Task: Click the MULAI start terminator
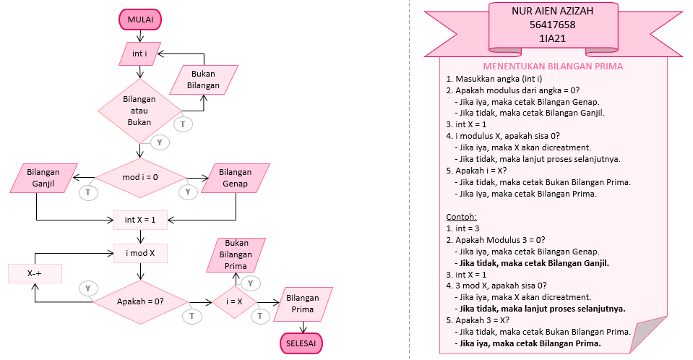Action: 140,20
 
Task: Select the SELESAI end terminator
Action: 301,342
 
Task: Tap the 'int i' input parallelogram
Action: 140,54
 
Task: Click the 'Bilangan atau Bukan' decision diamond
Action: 139,111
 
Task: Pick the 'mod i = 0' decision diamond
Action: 140,177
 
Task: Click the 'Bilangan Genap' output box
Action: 236,178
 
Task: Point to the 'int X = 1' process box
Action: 140,219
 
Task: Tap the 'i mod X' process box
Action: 140,253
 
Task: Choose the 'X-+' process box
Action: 35,274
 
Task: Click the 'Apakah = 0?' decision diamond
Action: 140,300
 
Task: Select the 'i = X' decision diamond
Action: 235,301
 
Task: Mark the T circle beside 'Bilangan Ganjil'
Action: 88,192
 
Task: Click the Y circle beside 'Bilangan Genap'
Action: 187,192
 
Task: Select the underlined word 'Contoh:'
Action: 462,216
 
